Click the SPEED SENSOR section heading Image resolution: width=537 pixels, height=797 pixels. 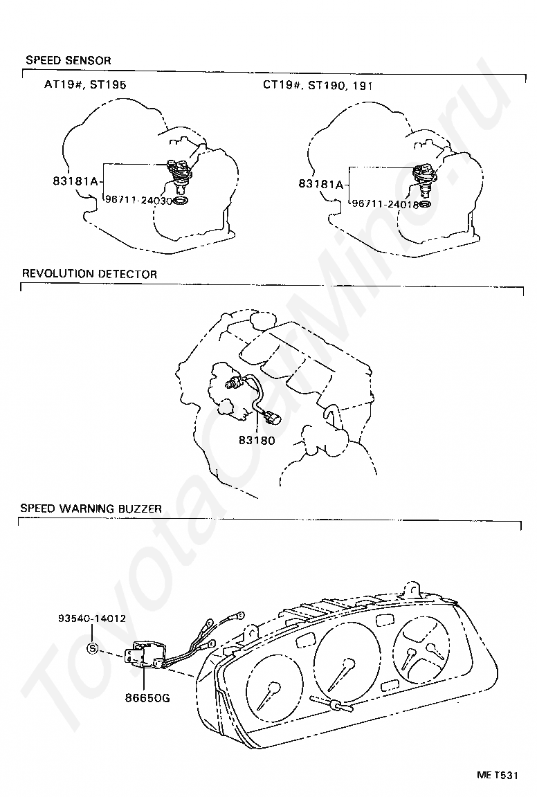68,61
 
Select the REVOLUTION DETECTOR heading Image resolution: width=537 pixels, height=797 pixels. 89,274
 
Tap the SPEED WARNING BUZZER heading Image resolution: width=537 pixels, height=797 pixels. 91,509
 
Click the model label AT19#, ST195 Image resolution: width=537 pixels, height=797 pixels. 85,85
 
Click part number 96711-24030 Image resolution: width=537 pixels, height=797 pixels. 138,199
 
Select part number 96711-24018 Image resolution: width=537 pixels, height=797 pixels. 385,204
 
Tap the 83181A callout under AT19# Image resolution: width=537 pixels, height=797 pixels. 75,182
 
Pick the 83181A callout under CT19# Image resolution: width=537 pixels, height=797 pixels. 321,184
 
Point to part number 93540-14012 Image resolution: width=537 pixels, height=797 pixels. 91,618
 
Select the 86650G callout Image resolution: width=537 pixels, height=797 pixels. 147,697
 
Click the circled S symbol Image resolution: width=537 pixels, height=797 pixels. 93,649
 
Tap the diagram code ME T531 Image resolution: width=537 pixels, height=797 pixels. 496,774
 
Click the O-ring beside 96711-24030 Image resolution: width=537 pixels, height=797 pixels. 180,201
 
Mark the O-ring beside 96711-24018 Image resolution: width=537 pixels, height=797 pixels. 426,205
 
